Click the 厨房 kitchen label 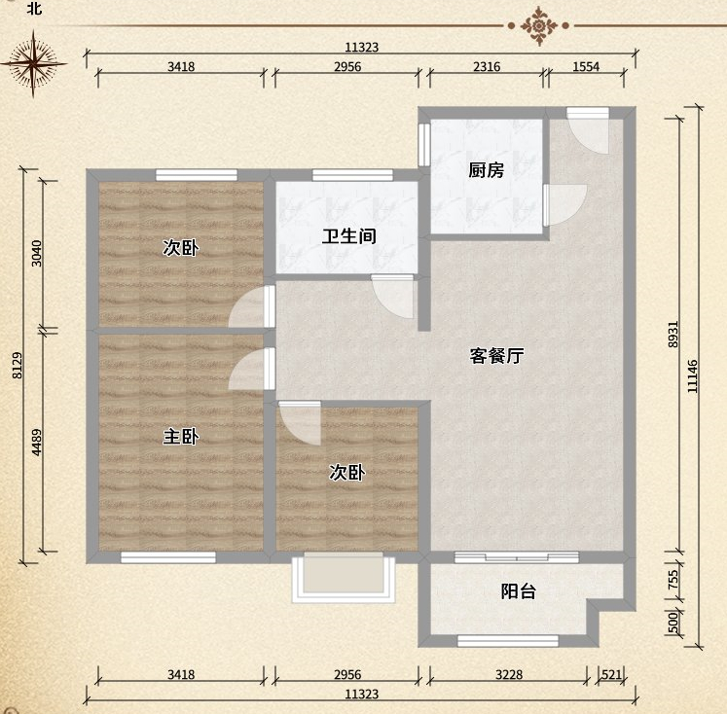point(486,170)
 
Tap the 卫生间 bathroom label point(349,236)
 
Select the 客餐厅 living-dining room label point(496,356)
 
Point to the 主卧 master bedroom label point(181,437)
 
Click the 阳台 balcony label point(519,591)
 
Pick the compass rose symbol point(33,63)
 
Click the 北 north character point(34,8)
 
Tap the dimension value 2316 point(487,67)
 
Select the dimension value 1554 point(586,67)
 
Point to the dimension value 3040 point(37,254)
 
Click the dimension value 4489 point(37,442)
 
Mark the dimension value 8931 point(673,334)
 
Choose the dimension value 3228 point(509,675)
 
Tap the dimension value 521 point(611,675)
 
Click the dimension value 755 point(673,579)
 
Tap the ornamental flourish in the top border point(538,25)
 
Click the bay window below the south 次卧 point(344,577)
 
